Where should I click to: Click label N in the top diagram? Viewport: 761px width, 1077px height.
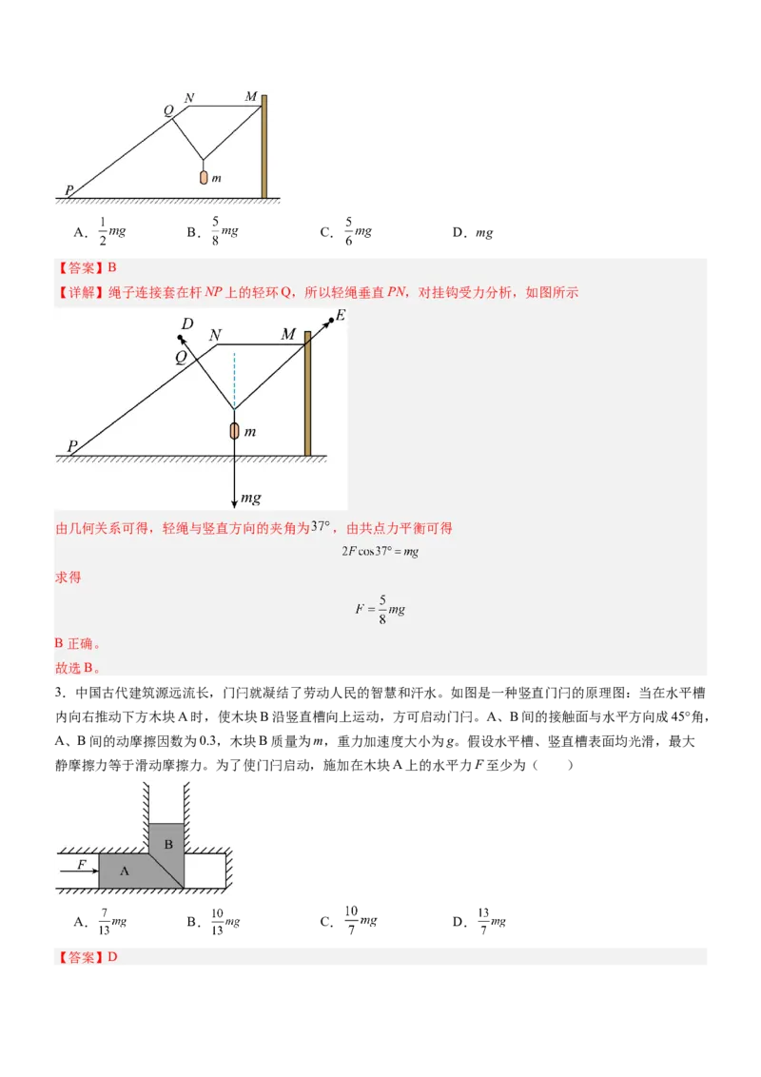190,97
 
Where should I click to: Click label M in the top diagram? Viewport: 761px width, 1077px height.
250,96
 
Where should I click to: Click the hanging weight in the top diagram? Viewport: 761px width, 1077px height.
204,177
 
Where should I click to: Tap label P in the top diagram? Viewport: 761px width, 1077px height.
68,191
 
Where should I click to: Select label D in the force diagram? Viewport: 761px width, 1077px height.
187,323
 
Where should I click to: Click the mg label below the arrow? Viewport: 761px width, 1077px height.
250,498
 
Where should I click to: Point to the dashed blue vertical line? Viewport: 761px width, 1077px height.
234,376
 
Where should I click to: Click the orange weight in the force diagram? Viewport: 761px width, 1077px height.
234,431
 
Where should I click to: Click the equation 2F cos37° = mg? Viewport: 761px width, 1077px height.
380,552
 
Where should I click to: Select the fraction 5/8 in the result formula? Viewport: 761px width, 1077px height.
382,609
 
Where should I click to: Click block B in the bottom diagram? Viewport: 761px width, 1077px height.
167,844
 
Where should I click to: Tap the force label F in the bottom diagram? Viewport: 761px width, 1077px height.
83,864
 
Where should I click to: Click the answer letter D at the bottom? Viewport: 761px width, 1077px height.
112,956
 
